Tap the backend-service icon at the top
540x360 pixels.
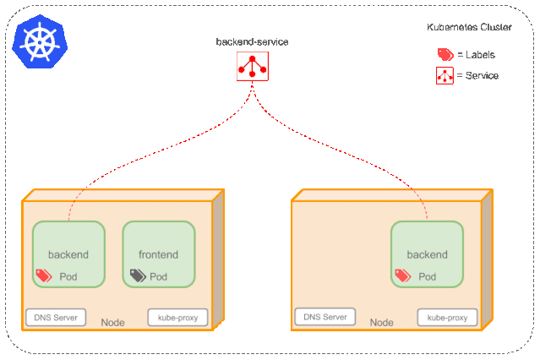[x=252, y=66]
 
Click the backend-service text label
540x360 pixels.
[x=252, y=41]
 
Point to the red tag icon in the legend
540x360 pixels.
[x=445, y=55]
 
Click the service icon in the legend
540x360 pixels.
[x=445, y=75]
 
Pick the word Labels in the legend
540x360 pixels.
[x=480, y=55]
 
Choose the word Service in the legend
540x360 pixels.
[x=482, y=75]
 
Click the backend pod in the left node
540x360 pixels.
[x=68, y=253]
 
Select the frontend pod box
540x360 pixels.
[x=159, y=253]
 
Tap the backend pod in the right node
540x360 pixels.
[x=427, y=253]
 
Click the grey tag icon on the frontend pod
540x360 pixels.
[x=138, y=275]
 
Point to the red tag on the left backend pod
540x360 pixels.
[x=44, y=275]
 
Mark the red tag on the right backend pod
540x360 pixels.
[x=403, y=275]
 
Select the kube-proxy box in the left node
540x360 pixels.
[x=177, y=318]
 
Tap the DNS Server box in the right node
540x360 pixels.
[x=325, y=318]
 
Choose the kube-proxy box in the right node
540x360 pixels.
[x=447, y=318]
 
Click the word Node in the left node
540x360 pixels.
[x=112, y=323]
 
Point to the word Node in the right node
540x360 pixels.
[x=382, y=323]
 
